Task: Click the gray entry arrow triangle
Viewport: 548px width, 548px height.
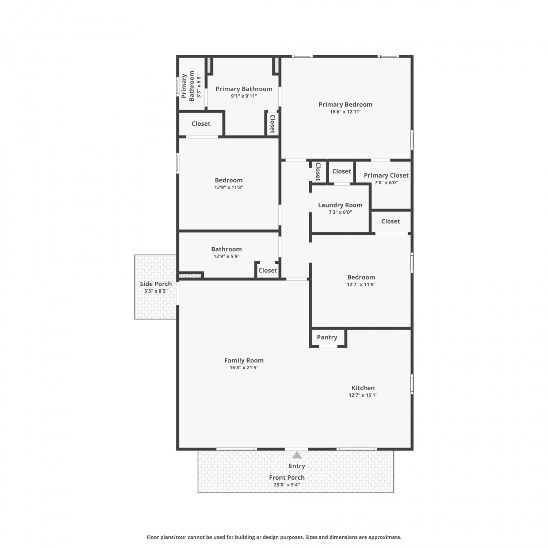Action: pos(297,455)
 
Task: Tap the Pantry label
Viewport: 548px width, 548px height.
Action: pos(327,337)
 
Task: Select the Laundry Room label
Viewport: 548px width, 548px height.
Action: pos(340,205)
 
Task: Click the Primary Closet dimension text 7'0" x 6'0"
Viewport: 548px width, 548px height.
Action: pos(386,183)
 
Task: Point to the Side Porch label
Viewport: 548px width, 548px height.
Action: pos(156,284)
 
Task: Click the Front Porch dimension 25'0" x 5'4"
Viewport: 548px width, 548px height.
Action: pos(287,485)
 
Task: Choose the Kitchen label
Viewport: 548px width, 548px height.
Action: pos(363,388)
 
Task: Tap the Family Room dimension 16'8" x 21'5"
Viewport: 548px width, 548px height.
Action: pos(244,368)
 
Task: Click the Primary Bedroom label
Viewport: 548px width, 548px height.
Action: pos(346,104)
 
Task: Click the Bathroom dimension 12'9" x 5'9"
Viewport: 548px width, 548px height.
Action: pos(227,256)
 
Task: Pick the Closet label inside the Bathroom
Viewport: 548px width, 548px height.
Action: pos(268,271)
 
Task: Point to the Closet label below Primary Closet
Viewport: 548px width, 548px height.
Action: pos(391,221)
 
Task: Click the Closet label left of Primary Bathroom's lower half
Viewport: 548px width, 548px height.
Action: pos(201,124)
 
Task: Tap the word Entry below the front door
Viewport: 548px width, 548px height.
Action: pos(297,466)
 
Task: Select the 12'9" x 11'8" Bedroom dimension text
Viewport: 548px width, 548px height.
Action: pos(229,187)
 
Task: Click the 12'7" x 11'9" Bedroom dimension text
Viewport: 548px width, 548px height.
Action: pos(361,285)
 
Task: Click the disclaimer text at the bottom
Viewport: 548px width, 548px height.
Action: pos(274,537)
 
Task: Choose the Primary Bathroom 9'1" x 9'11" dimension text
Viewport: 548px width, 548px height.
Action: pos(244,96)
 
